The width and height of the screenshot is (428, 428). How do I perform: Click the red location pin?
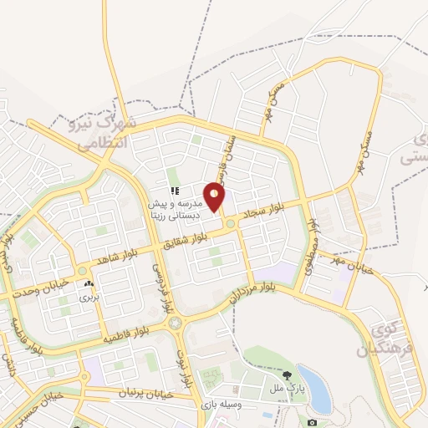pos(215,196)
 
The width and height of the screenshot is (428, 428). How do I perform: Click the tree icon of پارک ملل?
pos(288,375)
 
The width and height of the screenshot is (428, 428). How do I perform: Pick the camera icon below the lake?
pos(313,422)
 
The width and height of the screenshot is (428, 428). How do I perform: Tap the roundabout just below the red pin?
pos(228,223)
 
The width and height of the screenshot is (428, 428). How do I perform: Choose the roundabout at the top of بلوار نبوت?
pos(173,323)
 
